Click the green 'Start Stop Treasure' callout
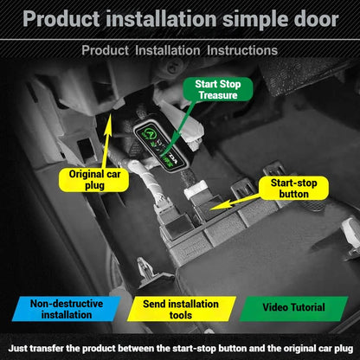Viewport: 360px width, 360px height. [x=218, y=89]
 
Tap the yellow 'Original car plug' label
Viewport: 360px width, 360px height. [x=94, y=180]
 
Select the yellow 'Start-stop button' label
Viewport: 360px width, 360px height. [x=293, y=189]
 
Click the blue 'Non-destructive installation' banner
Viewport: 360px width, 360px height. [x=67, y=309]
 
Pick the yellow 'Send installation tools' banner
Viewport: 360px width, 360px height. [x=181, y=309]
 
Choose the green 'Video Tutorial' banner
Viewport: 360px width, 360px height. [x=293, y=307]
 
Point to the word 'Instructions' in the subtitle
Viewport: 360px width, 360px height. [x=242, y=50]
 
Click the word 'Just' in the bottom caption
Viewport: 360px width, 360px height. [x=17, y=348]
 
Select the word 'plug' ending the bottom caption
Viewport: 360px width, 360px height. [x=344, y=349]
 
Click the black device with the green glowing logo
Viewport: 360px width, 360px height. [x=160, y=146]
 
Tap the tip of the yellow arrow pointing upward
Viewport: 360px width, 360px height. [x=109, y=114]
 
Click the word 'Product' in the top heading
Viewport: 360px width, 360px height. [x=61, y=19]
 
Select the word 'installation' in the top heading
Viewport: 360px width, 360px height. [x=161, y=19]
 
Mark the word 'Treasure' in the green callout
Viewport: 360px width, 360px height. [x=218, y=95]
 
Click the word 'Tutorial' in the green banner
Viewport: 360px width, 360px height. [x=307, y=307]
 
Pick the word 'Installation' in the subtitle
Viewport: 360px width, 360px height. [x=168, y=50]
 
